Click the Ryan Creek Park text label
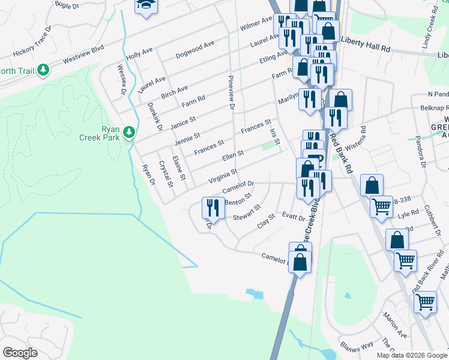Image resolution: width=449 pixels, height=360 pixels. click(x=104, y=133)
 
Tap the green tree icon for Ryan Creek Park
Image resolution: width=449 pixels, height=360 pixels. click(x=128, y=132)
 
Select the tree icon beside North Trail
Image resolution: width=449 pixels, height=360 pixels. click(x=43, y=71)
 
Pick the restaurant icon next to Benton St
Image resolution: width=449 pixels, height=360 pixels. click(x=212, y=208)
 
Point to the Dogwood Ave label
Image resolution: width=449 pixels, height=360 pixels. click(x=194, y=49)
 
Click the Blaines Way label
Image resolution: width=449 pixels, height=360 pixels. click(x=357, y=346)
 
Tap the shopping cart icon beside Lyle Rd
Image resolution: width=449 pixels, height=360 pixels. click(x=382, y=207)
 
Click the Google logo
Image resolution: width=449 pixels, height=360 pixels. click(x=20, y=353)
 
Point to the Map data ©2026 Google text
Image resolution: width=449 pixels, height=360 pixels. click(x=412, y=355)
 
